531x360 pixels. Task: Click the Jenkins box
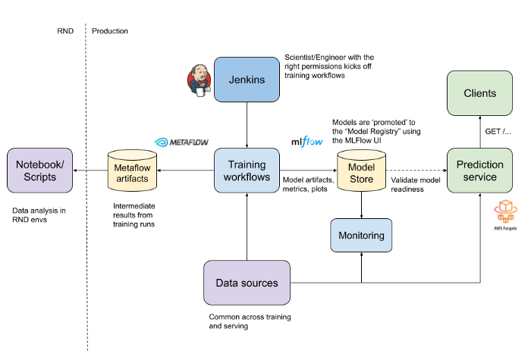point(247,80)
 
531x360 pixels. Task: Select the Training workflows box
point(247,171)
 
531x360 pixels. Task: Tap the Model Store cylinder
point(361,171)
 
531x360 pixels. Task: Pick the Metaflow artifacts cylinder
point(132,171)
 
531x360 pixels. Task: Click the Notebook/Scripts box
point(39,171)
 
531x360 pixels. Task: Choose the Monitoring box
point(361,235)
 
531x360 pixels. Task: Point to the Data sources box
point(247,283)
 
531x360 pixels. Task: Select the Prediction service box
point(479,171)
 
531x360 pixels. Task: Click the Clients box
point(479,93)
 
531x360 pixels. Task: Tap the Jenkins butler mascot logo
point(199,80)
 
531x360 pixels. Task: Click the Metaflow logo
point(181,142)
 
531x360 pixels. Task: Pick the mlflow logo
point(307,142)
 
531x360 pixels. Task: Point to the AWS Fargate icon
point(505,215)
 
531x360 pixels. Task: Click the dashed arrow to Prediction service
point(416,171)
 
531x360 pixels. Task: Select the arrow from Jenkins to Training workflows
point(247,125)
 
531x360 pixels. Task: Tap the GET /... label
point(498,132)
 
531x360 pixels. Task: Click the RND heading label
point(65,31)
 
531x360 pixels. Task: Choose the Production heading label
point(110,31)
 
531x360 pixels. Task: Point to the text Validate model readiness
point(416,184)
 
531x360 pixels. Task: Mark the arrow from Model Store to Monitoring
point(361,205)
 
